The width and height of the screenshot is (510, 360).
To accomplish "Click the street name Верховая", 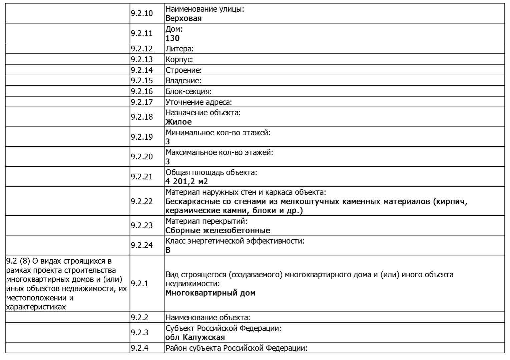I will (x=183, y=18).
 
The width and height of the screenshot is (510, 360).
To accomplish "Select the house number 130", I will (x=172, y=38).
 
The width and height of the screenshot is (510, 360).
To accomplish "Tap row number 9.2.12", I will (x=141, y=49).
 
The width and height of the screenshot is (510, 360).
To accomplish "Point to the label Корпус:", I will (x=179, y=59).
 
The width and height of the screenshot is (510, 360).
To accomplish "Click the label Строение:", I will (x=183, y=70).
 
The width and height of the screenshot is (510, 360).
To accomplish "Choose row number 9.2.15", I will (x=141, y=81).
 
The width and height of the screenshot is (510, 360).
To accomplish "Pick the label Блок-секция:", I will (x=188, y=91).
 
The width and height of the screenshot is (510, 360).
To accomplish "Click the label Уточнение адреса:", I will (x=198, y=102).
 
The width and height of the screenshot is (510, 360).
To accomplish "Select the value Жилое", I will (x=178, y=122).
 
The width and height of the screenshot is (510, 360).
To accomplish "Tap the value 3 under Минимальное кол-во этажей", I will (x=168, y=142).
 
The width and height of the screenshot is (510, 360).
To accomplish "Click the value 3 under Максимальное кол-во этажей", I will (x=168, y=162).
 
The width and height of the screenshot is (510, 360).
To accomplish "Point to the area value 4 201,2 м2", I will (x=186, y=181).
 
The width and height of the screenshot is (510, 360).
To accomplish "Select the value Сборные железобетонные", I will (x=217, y=230).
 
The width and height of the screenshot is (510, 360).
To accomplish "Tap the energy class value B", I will (x=168, y=250).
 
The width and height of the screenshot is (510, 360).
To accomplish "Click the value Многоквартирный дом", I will (x=210, y=293).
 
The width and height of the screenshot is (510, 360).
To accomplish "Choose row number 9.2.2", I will (x=139, y=317).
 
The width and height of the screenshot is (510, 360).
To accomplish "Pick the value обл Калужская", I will (x=195, y=337).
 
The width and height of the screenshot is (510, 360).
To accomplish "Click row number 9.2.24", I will (x=141, y=245).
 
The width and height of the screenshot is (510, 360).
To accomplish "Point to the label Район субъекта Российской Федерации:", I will (x=236, y=348).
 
